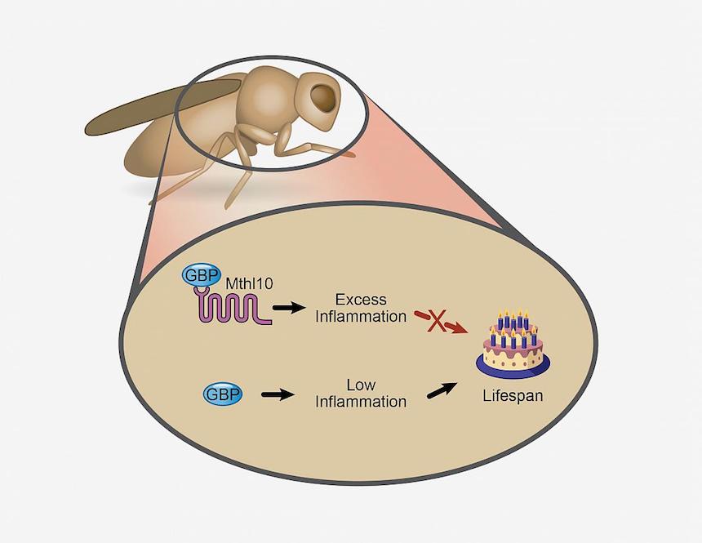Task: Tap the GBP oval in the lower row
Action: point(223,394)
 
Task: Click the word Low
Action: point(360,385)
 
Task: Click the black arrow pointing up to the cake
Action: point(442,392)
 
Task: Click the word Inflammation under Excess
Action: point(360,316)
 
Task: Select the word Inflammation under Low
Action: point(360,402)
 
